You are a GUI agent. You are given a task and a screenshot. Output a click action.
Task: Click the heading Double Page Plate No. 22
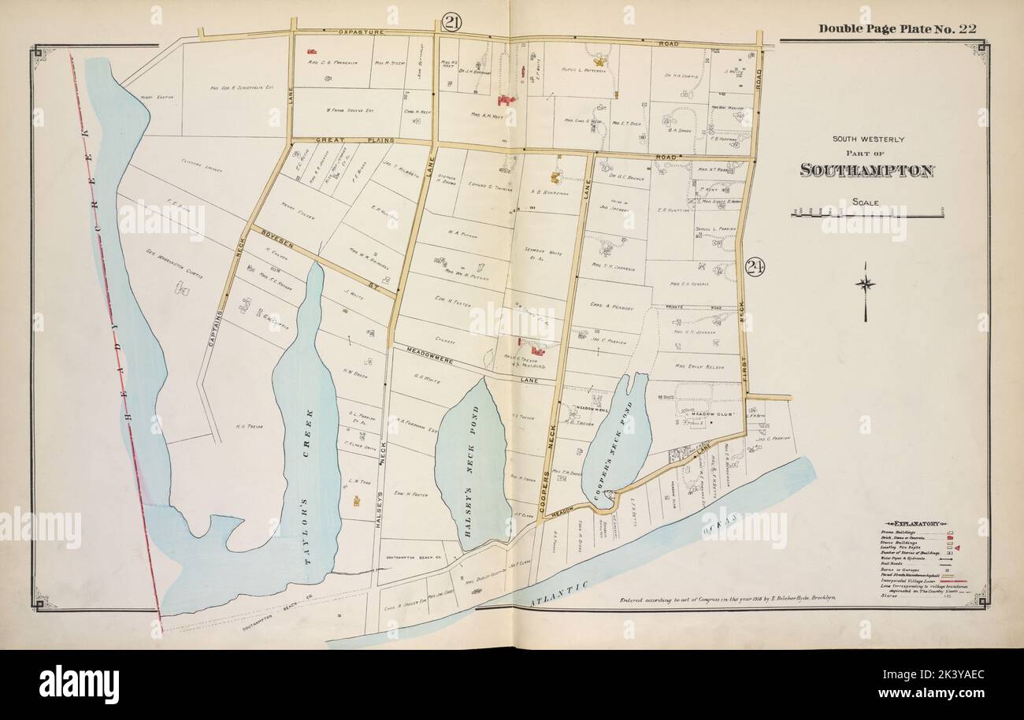coord(897,29)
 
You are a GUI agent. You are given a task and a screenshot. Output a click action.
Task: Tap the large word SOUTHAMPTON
coord(866,170)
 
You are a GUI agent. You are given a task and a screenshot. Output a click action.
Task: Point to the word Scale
coord(866,202)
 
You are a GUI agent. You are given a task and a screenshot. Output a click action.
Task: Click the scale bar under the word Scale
coord(866,214)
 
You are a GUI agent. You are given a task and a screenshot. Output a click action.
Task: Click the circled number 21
coord(451,22)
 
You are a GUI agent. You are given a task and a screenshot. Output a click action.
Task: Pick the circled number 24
coord(754,267)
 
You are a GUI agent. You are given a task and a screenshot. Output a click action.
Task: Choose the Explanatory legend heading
coord(913,522)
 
